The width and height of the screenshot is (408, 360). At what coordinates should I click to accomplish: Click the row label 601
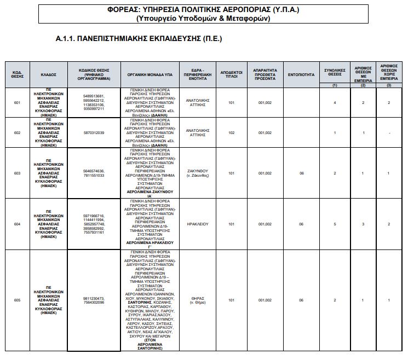[x=16, y=102]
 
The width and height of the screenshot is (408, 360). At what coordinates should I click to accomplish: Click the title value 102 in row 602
[x=231, y=132]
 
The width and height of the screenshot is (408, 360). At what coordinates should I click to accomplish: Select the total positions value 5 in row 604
[x=334, y=224]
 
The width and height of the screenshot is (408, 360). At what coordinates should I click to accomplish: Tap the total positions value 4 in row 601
[x=334, y=102]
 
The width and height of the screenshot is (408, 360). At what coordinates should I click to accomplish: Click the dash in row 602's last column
[x=389, y=132]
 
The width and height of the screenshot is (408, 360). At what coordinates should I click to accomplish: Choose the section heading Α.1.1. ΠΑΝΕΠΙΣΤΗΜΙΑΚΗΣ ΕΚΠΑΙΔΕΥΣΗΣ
[x=139, y=40]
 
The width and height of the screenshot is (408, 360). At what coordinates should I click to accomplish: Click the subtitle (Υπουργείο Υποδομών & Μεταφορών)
[x=204, y=19]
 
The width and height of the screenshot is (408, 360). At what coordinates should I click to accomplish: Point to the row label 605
[x=16, y=300]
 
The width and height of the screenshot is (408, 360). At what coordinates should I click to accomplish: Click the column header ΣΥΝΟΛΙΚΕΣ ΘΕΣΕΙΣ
[x=334, y=72]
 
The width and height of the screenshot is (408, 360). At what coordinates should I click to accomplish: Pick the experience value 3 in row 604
[x=362, y=224]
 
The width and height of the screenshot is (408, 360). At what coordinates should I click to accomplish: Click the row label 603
[x=16, y=173]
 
